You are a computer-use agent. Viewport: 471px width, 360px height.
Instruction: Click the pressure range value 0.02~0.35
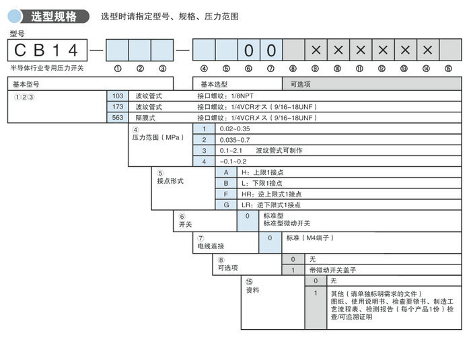(x=235, y=129)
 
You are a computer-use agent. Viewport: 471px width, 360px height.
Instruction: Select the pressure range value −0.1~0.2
(x=233, y=161)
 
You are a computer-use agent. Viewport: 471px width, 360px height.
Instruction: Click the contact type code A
(x=226, y=172)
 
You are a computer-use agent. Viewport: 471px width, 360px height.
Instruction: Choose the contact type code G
(x=226, y=205)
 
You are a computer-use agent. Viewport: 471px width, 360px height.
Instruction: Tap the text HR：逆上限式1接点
(x=271, y=194)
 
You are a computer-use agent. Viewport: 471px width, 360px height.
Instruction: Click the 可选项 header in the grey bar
(x=299, y=84)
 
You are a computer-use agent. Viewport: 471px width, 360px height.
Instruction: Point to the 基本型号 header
(x=27, y=84)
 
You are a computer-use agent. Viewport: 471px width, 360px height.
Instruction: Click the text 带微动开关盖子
(x=332, y=269)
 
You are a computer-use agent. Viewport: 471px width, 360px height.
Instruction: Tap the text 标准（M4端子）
(x=310, y=238)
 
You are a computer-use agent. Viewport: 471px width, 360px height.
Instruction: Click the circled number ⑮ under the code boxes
(x=448, y=68)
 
